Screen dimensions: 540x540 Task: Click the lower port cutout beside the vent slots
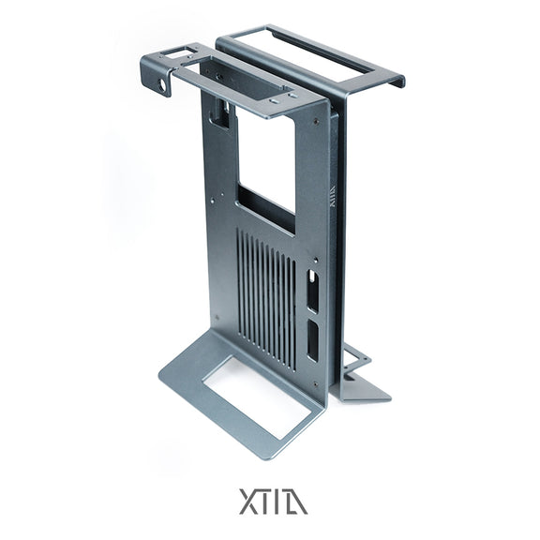click(311, 342)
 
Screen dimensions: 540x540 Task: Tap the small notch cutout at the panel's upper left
click(221, 115)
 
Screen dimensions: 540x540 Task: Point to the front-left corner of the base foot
click(160, 379)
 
